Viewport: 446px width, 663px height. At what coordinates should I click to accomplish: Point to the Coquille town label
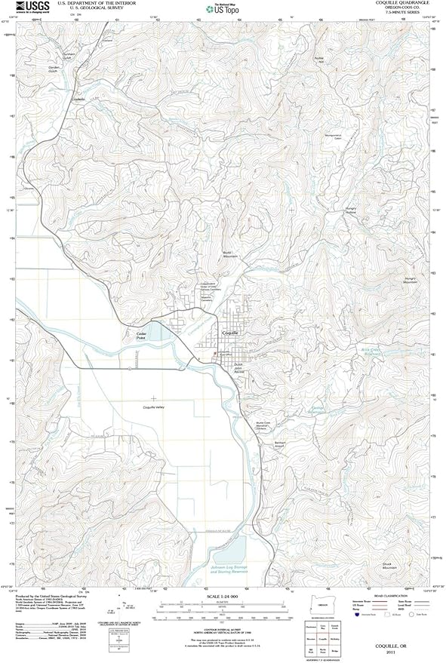(230, 332)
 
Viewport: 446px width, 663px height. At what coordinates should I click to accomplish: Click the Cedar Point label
(140, 336)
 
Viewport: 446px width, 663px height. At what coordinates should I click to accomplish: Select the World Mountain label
(229, 254)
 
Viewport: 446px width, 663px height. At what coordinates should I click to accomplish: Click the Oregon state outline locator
(325, 607)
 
